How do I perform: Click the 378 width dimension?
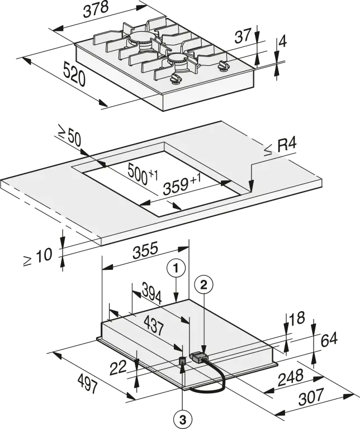pyautogui.click(x=96, y=9)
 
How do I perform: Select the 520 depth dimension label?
pyautogui.click(x=74, y=74)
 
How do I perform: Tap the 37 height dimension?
pyautogui.click(x=243, y=36)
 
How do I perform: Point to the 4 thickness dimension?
pyautogui.click(x=282, y=41)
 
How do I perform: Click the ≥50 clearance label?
pyautogui.click(x=69, y=137)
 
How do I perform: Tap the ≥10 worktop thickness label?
pyautogui.click(x=38, y=257)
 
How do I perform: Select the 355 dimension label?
pyautogui.click(x=145, y=250)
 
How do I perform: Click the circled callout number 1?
pyautogui.click(x=176, y=268)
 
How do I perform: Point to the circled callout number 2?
pyautogui.click(x=203, y=285)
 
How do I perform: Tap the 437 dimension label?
pyautogui.click(x=154, y=326)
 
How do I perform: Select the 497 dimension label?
pyautogui.click(x=87, y=384)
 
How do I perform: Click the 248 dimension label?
pyautogui.click(x=290, y=377)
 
